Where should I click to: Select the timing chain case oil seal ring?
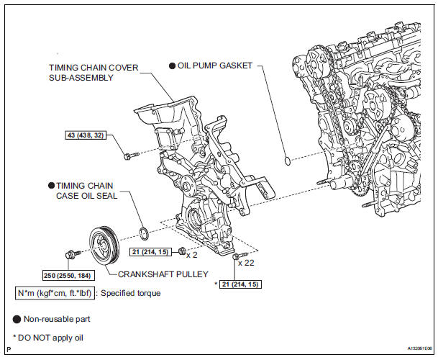pyautogui.click(x=143, y=233)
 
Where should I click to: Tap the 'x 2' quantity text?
pyautogui.click(x=192, y=253)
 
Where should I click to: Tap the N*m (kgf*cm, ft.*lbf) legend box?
pyautogui.click(x=57, y=294)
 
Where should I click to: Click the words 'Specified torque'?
pyautogui.click(x=131, y=294)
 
